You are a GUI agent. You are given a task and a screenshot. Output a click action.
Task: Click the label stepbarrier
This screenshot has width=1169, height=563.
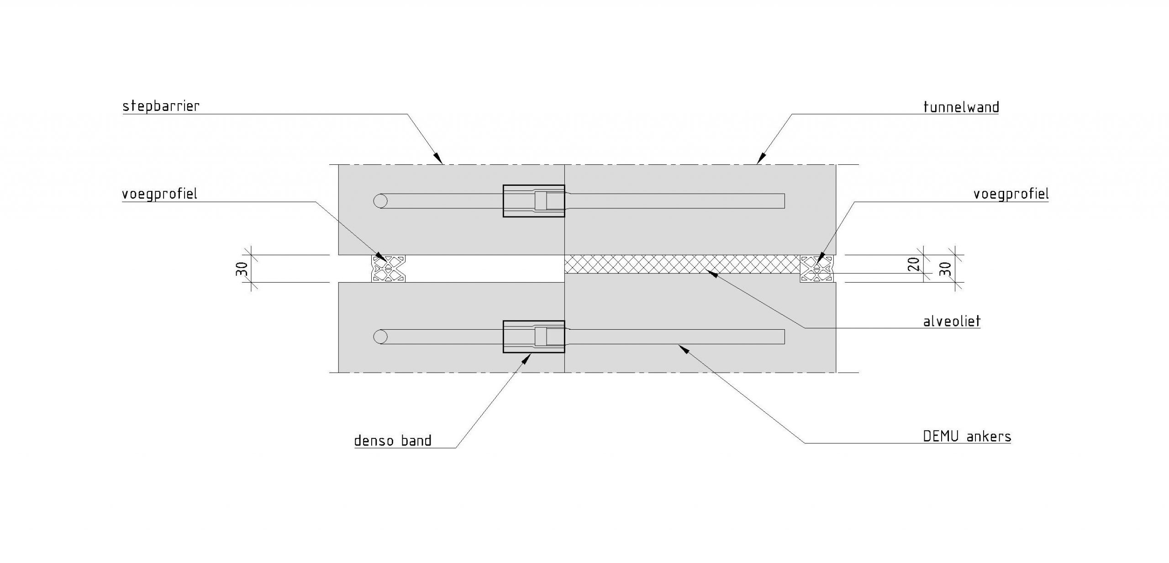click(x=161, y=106)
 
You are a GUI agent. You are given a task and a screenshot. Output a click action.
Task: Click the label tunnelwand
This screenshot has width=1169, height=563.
click(x=961, y=107)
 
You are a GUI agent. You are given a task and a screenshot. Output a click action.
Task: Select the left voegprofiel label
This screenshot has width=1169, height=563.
click(x=159, y=194)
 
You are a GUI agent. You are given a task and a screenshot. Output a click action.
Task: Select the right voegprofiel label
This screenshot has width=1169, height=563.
click(x=1011, y=194)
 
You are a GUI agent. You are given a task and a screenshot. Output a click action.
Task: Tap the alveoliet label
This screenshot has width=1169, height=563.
click(x=952, y=321)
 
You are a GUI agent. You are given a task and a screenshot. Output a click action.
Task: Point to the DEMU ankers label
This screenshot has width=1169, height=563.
click(x=967, y=437)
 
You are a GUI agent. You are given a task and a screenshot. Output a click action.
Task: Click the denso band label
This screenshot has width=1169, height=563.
click(x=393, y=441)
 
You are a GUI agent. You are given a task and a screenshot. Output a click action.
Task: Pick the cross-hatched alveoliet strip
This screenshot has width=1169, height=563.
click(x=680, y=264)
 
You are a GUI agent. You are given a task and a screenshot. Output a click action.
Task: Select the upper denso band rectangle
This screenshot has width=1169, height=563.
click(x=533, y=201)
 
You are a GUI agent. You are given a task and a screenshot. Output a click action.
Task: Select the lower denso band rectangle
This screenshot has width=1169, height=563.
click(x=533, y=337)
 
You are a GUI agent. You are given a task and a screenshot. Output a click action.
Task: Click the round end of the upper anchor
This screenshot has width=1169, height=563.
click(x=380, y=201)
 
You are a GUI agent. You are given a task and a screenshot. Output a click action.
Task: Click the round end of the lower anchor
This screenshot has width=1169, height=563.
click(x=380, y=337)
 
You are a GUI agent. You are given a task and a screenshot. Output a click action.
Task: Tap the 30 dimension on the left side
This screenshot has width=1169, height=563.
click(x=243, y=268)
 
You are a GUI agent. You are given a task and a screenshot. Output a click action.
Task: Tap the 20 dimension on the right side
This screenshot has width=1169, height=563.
click(x=913, y=264)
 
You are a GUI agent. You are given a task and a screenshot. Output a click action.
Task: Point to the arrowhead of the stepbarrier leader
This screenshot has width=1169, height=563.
click(x=439, y=160)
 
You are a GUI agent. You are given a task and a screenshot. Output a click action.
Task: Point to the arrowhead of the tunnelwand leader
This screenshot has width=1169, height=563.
click(x=759, y=160)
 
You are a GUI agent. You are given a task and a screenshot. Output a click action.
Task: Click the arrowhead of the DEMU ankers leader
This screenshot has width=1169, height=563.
click(x=682, y=348)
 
